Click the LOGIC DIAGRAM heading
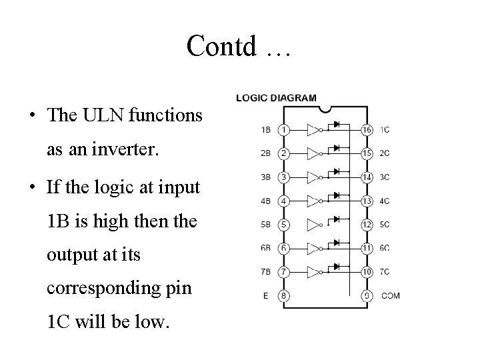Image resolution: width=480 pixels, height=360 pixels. (276, 97)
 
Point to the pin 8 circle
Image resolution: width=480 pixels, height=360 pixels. (284, 296)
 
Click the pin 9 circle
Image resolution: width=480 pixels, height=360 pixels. (366, 296)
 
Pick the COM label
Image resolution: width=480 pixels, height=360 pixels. (390, 296)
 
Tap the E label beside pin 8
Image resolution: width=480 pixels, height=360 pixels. (266, 296)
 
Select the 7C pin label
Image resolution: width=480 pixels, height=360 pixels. (385, 272)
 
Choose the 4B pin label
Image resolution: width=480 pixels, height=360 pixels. (265, 201)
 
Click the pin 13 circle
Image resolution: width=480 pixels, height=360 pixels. (366, 201)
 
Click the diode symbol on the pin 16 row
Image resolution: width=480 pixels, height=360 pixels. (337, 124)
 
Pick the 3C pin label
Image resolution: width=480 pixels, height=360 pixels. (385, 177)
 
